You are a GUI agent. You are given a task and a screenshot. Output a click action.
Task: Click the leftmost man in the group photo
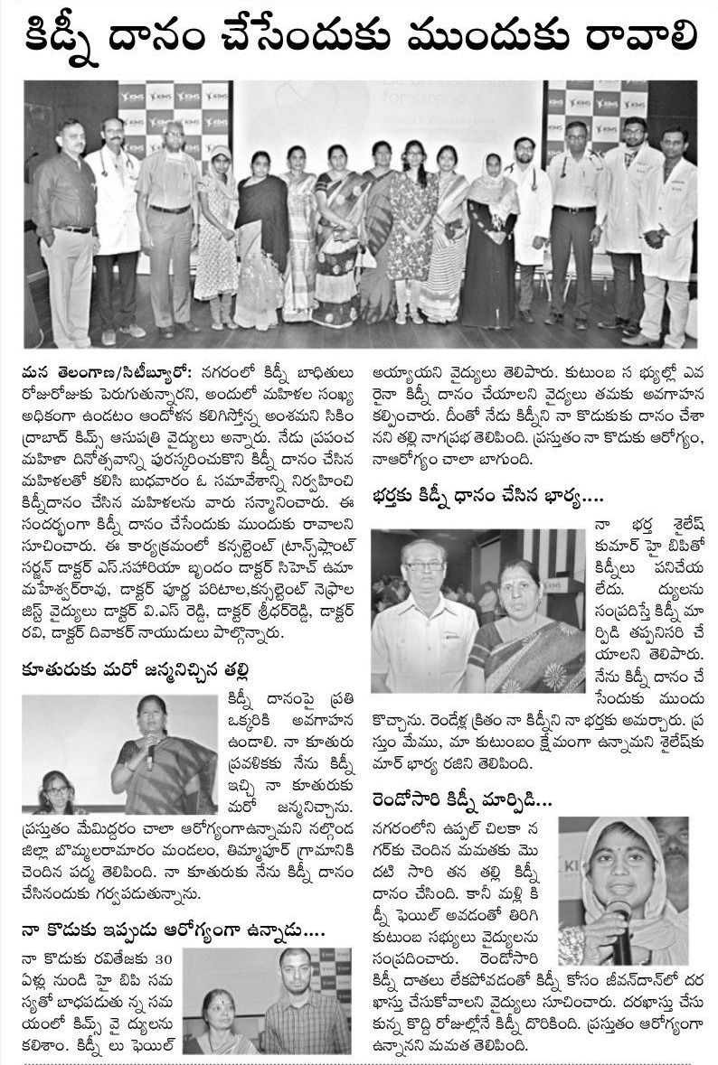pos(68,226)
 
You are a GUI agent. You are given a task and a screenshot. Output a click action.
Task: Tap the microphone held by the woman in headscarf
pos(620,921)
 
